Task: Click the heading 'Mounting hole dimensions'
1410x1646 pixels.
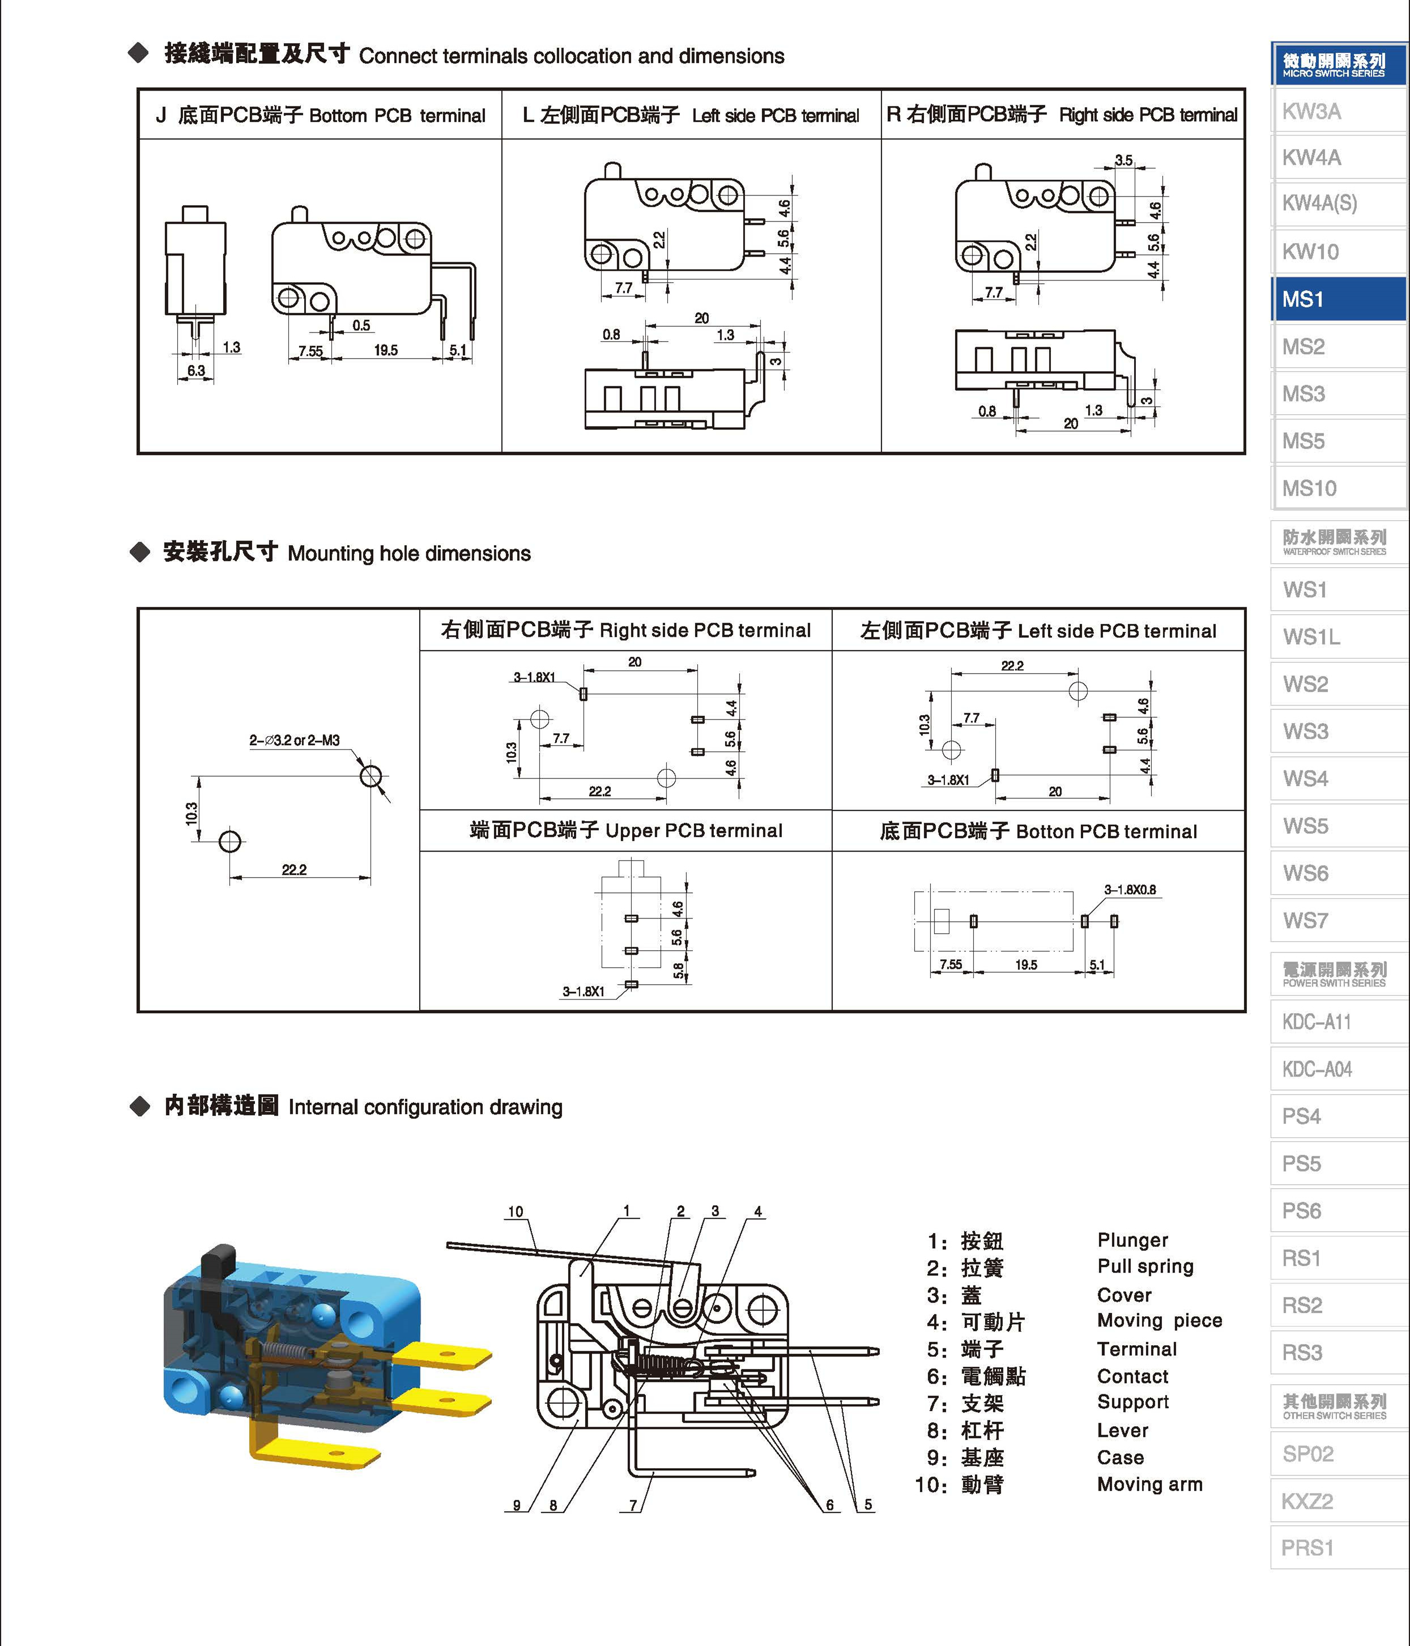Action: tap(408, 554)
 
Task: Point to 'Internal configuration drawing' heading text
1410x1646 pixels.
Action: tap(425, 1107)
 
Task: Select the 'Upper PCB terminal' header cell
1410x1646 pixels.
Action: tap(625, 831)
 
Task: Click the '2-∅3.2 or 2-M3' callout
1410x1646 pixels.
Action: tap(294, 741)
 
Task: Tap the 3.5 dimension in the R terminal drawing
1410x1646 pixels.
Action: tap(1123, 160)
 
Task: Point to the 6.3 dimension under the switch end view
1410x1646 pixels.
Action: tap(195, 371)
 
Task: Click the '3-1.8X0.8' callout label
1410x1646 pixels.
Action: tap(1130, 890)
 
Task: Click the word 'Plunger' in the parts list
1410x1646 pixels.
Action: tap(1132, 1240)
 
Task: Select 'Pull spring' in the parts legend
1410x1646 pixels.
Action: tap(1145, 1266)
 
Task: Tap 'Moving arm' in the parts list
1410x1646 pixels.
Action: tap(1149, 1484)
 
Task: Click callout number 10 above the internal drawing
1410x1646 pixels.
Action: tap(516, 1211)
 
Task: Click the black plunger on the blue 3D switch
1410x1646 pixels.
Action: tap(218, 1266)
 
